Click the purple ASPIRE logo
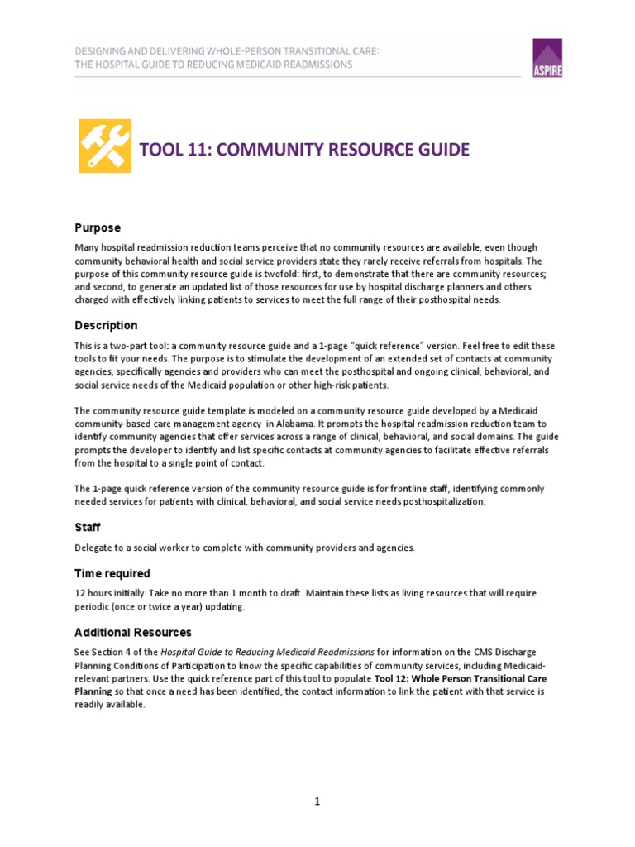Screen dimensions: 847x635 (547, 58)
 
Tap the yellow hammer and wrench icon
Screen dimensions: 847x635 (105, 146)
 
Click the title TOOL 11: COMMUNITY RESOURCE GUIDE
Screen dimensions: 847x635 (304, 150)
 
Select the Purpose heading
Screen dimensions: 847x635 (98, 227)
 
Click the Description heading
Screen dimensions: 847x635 (106, 325)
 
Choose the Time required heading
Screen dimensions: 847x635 (112, 573)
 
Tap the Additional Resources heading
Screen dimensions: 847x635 (133, 632)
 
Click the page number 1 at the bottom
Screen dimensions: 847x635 (317, 802)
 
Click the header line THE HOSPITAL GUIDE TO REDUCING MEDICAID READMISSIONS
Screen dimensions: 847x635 (213, 64)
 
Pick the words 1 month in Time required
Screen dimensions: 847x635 (280, 593)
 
